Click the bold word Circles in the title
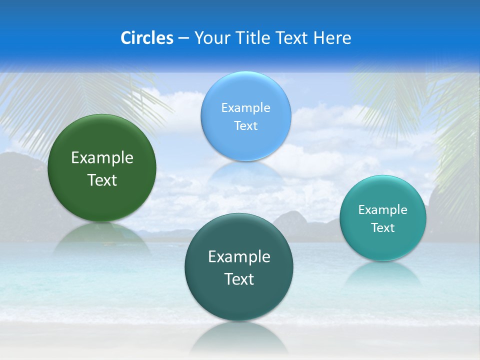point(147,38)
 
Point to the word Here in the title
point(332,38)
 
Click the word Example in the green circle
point(102,158)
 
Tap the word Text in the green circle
point(102,180)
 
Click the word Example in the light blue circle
point(245,108)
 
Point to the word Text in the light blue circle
point(245,125)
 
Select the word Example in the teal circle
point(383,210)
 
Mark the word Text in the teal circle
point(383,228)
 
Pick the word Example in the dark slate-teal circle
point(239,257)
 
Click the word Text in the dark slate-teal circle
point(239,279)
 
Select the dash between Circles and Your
point(183,38)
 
